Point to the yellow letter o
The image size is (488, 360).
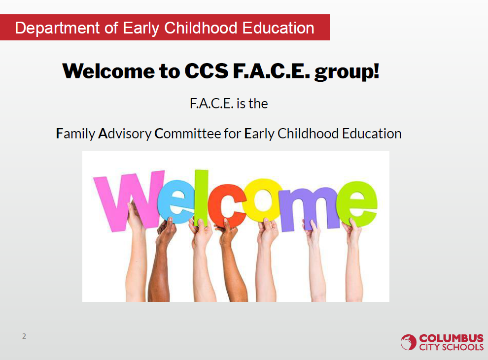click(x=263, y=200)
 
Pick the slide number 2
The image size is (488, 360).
click(x=24, y=336)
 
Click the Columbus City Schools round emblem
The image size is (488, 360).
click(x=408, y=342)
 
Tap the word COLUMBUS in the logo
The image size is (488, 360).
click(x=451, y=338)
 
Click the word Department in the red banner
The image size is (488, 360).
click(x=57, y=28)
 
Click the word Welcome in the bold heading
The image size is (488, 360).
click(x=108, y=71)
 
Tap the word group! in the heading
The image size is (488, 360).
click(x=347, y=72)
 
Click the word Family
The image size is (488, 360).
click(x=75, y=134)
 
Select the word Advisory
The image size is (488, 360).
click(x=125, y=134)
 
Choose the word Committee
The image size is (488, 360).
click(x=188, y=133)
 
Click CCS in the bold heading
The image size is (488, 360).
click(x=207, y=71)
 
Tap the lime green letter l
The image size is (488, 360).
click(x=201, y=197)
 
